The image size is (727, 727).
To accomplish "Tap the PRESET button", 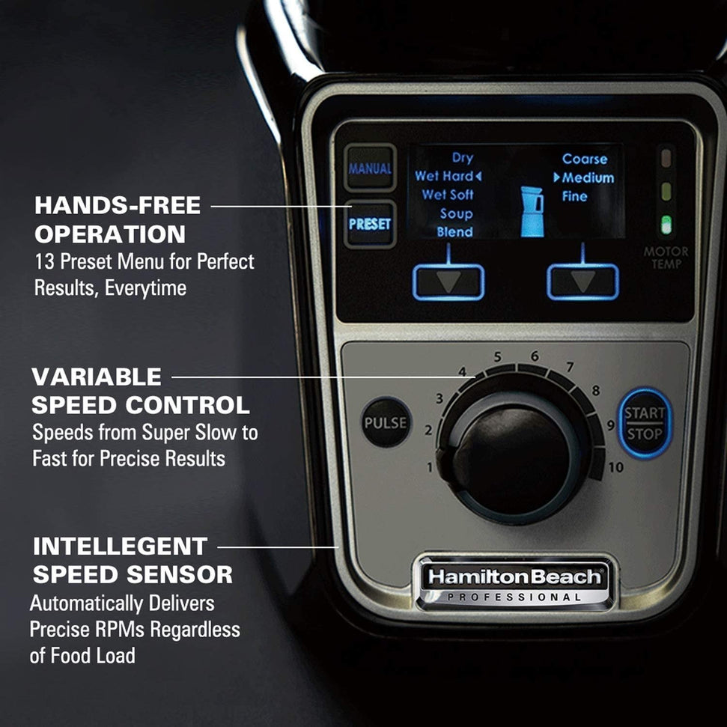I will pyautogui.click(x=370, y=224).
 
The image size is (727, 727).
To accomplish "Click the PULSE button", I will pyautogui.click(x=386, y=422).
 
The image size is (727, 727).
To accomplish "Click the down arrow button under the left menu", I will pyautogui.click(x=448, y=282).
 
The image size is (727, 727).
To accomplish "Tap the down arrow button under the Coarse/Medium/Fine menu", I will pyautogui.click(x=582, y=282).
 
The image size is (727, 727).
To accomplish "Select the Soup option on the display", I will pyautogui.click(x=455, y=213).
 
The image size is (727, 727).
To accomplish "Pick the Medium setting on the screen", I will pyautogui.click(x=587, y=178).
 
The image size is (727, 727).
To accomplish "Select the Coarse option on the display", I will pyautogui.click(x=585, y=159).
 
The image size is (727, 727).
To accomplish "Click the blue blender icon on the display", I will pyautogui.click(x=532, y=211).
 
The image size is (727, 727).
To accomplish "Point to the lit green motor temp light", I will pyautogui.click(x=665, y=224).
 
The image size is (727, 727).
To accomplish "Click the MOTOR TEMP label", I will pyautogui.click(x=666, y=258).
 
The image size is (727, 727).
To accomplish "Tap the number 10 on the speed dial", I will pyautogui.click(x=616, y=468).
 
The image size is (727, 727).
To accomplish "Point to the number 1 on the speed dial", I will pyautogui.click(x=431, y=468).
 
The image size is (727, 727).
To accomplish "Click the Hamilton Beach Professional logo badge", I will pyautogui.click(x=515, y=583).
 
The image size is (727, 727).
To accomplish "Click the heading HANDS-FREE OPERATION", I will pyautogui.click(x=118, y=219).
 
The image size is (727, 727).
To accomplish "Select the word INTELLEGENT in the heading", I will pyautogui.click(x=120, y=546).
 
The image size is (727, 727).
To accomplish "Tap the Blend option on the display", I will pyautogui.click(x=454, y=232).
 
